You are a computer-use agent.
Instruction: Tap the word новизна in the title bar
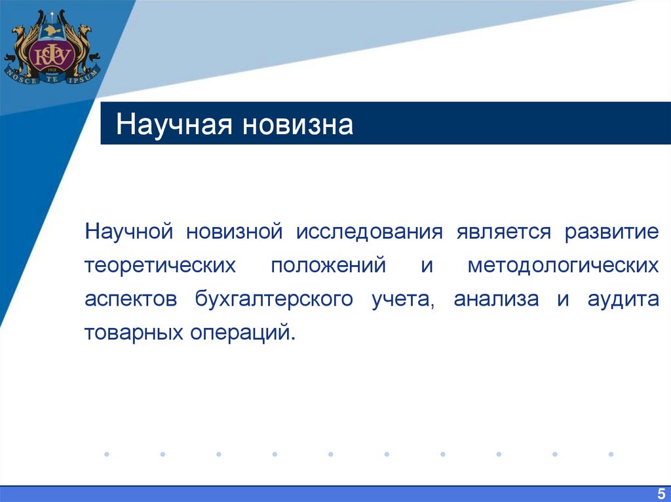[x=298, y=124]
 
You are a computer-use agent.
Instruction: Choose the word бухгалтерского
[x=274, y=300]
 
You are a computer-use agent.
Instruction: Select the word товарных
[x=133, y=333]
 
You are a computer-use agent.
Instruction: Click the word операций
[x=243, y=333]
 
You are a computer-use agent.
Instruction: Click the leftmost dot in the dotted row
[x=106, y=454]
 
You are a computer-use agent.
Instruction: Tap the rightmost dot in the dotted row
[x=611, y=454]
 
